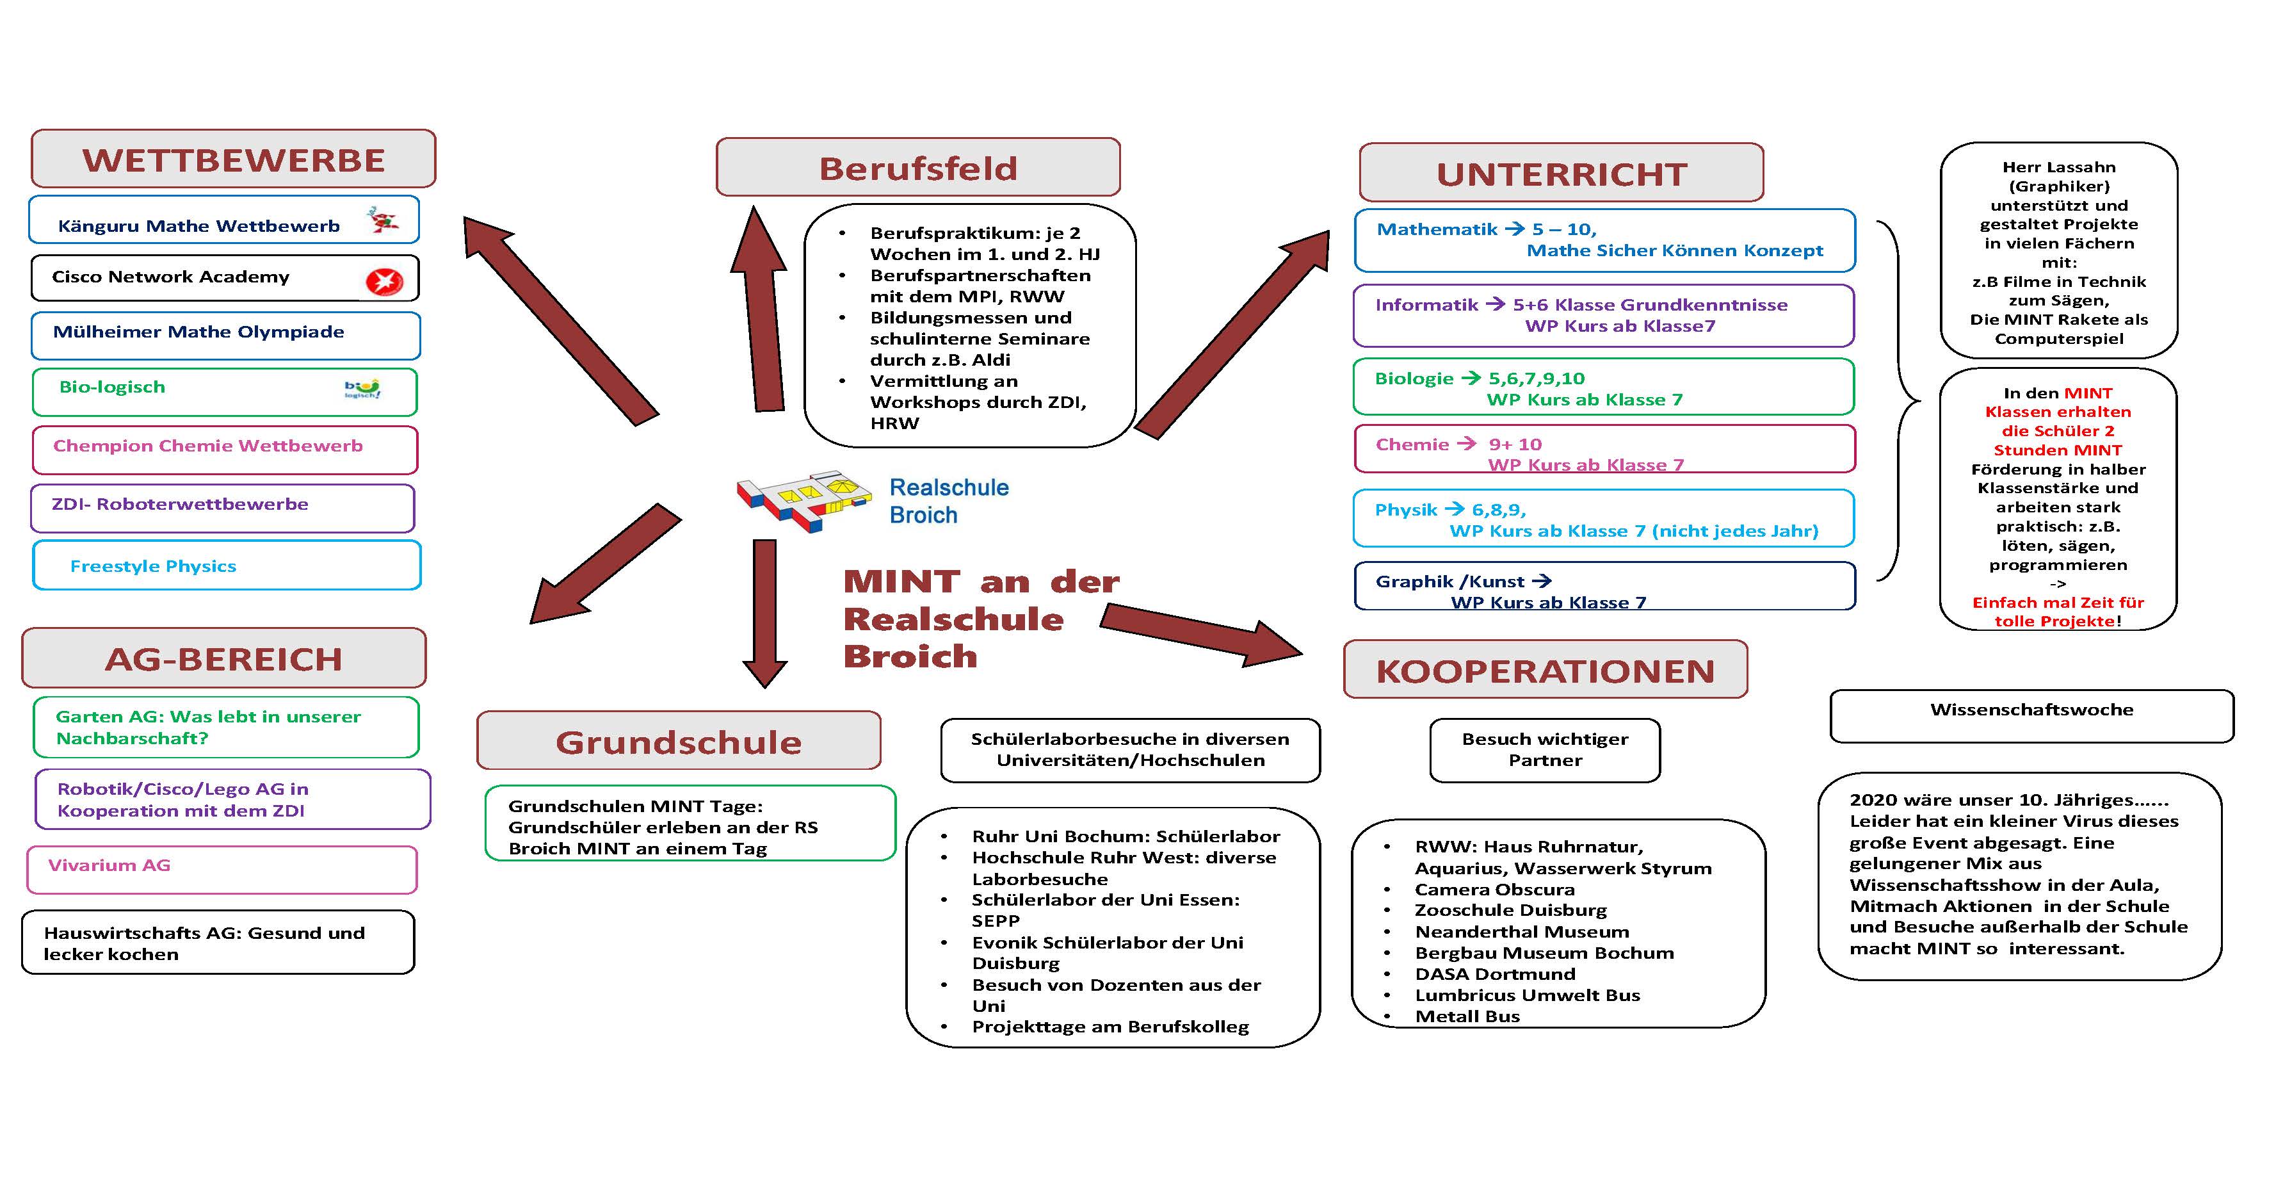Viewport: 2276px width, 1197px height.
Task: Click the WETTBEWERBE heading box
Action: click(233, 159)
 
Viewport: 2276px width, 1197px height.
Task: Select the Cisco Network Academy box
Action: click(225, 277)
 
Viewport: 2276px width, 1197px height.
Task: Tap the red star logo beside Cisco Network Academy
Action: click(384, 282)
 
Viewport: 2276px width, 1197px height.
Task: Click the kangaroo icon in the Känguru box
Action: click(383, 219)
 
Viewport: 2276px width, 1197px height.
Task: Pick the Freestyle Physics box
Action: click(227, 566)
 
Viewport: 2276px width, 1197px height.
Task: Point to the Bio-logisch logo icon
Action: click(362, 389)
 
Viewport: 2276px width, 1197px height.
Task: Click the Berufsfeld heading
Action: click(918, 167)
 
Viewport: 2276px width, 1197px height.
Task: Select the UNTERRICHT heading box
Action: click(1562, 174)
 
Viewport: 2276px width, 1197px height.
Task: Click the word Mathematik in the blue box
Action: click(1437, 229)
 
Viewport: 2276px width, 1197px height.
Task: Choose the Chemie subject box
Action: click(1604, 449)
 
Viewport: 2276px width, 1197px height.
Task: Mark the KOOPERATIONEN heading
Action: click(1546, 670)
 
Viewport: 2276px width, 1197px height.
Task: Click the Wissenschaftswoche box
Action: click(2031, 716)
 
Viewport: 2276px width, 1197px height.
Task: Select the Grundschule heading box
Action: click(679, 741)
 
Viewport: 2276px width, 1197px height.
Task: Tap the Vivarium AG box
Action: click(222, 870)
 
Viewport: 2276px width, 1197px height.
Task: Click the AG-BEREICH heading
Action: click(223, 658)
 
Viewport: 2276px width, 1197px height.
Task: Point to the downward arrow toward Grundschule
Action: click(764, 614)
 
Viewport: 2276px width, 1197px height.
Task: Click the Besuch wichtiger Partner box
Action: click(1546, 751)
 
